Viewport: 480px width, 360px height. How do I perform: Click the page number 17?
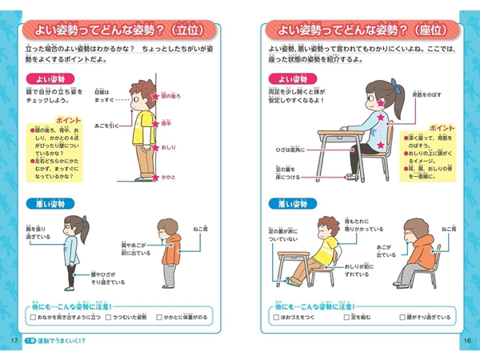(14, 342)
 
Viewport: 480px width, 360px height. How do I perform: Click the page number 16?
(466, 342)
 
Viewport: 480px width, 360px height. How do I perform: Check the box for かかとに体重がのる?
(161, 318)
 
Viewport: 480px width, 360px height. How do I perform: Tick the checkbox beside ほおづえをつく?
(275, 318)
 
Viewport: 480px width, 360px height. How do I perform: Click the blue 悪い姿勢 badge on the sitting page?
(293, 203)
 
